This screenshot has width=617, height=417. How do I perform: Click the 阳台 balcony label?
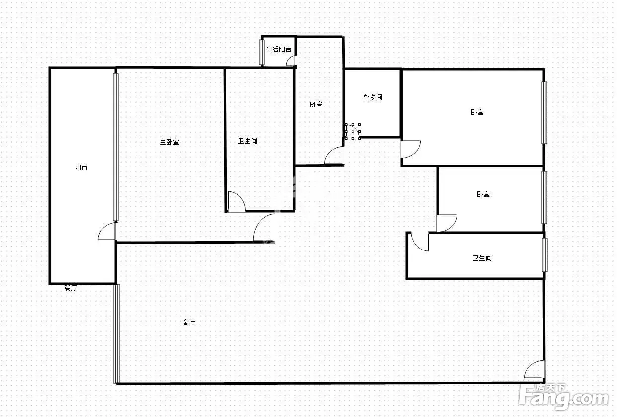81,167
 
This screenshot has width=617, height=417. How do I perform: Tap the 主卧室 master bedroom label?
170,142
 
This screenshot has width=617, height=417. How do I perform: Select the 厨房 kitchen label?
316,104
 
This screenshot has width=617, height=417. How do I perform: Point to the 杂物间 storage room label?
372,97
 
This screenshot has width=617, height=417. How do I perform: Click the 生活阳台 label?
279,49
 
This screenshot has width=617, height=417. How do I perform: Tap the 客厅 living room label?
189,322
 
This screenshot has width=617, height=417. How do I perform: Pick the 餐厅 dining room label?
71,288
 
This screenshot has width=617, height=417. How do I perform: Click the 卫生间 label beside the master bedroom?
247,141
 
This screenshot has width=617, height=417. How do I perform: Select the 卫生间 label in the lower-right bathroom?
482,258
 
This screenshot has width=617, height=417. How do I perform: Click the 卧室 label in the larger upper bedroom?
477,112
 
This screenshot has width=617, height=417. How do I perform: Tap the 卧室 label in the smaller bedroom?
483,194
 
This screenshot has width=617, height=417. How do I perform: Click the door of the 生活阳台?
291,60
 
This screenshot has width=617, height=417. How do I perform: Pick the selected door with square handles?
353,132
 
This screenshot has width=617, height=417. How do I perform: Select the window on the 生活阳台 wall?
262,52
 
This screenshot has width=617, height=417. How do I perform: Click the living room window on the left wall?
117,334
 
